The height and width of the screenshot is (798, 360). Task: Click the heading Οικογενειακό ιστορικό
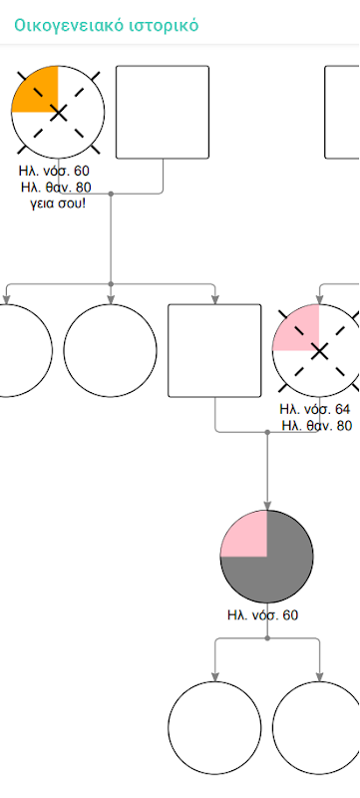pos(107,24)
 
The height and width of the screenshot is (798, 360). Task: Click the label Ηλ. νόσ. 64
pos(315,409)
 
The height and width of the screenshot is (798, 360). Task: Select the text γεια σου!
pos(57,205)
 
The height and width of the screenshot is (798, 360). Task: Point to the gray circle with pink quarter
pos(267,557)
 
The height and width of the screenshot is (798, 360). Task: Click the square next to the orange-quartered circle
pos(163,112)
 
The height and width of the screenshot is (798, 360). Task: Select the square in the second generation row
pos(214,351)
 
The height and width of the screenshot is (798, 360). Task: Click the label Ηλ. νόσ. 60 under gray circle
pos(262,614)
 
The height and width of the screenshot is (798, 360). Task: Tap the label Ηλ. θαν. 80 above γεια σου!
pos(57,188)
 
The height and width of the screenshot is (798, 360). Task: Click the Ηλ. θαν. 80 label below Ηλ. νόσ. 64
pos(316,426)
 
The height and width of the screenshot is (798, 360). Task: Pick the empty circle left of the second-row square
pos(111,351)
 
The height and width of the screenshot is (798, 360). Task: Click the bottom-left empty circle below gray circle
pos(214,728)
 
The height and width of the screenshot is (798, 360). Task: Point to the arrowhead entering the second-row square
pos(214,300)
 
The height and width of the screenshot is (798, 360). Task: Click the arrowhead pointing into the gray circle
pos(267,506)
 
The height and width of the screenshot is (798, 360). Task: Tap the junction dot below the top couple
pos(111,194)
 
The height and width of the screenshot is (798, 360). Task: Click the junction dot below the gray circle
pos(267,637)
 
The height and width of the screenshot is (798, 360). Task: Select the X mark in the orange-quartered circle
pos(59,113)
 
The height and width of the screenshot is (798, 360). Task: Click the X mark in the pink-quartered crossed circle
pos(319,352)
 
